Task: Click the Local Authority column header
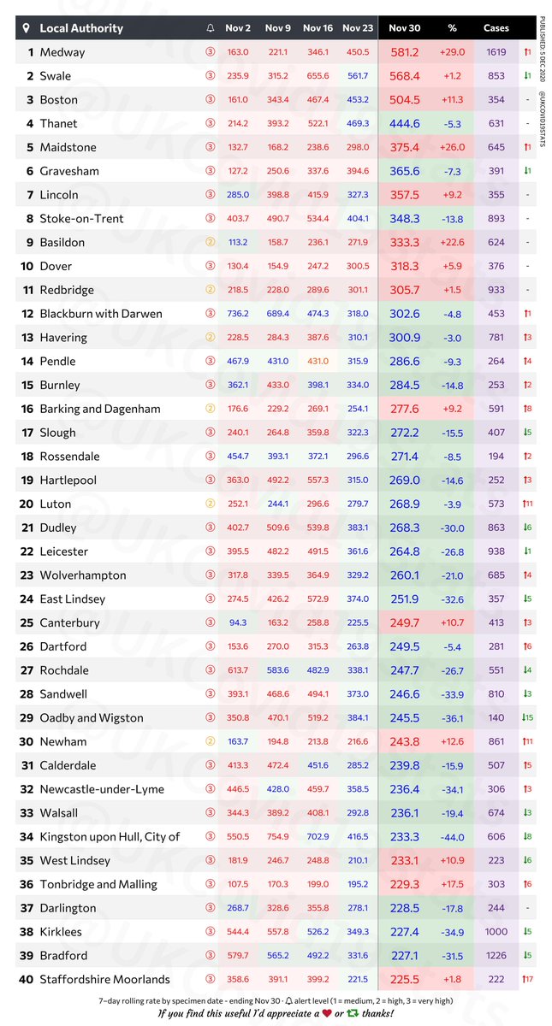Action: [81, 28]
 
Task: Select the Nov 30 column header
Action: [405, 28]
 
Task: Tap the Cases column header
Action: [496, 28]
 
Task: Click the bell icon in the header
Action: [211, 28]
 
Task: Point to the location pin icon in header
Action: [27, 28]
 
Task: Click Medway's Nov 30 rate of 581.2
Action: [405, 52]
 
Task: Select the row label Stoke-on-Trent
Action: [81, 218]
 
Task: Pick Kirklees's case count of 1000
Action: [496, 932]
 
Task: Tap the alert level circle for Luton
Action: [211, 504]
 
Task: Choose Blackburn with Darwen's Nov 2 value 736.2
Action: [238, 313]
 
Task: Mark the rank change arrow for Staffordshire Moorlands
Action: [528, 980]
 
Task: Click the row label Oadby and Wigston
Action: [92, 717]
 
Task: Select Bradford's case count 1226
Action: [496, 956]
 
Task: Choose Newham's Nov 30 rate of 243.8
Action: [405, 741]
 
